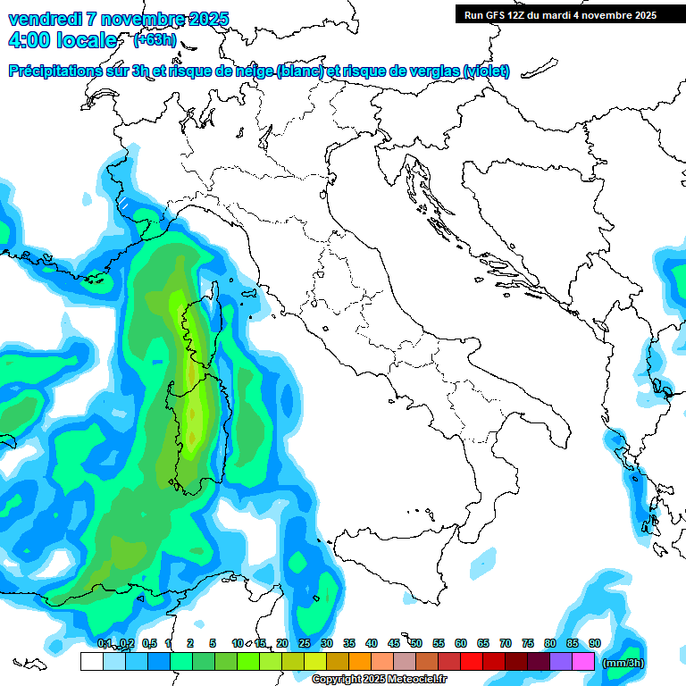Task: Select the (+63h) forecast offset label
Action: click(155, 39)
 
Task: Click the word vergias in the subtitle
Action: click(432, 71)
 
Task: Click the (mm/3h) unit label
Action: click(624, 663)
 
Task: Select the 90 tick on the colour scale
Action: click(595, 643)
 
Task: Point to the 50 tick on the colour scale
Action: click(416, 643)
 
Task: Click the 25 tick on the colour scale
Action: click(305, 643)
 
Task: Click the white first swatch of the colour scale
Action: click(91, 662)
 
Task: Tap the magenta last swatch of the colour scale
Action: click(583, 662)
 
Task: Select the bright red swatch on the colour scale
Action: click(472, 662)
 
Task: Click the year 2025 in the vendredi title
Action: click(207, 19)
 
